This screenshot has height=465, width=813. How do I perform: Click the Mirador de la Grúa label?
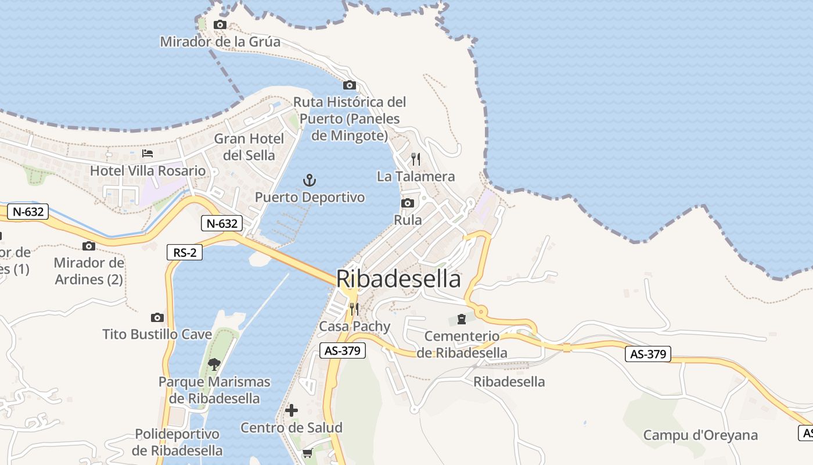click(220, 42)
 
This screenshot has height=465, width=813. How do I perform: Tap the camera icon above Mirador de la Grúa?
click(220, 24)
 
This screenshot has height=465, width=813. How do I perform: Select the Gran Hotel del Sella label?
click(249, 147)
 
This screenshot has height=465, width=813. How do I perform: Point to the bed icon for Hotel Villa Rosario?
click(148, 153)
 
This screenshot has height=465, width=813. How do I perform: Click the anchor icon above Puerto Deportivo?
click(310, 180)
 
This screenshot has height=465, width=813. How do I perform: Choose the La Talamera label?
click(416, 176)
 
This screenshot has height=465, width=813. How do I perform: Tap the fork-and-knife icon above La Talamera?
click(416, 159)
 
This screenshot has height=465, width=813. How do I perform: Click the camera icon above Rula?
click(408, 203)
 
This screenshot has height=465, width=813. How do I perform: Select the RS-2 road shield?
click(185, 252)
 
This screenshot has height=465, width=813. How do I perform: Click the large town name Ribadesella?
click(398, 279)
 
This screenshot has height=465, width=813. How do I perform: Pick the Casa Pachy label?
click(354, 326)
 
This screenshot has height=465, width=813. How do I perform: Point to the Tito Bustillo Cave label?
click(157, 334)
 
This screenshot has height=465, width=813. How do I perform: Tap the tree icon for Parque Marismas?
click(214, 364)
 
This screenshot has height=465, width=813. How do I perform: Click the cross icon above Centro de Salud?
click(292, 410)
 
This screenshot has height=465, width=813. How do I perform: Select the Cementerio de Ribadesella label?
click(462, 344)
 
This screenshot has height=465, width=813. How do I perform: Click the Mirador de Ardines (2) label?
click(89, 271)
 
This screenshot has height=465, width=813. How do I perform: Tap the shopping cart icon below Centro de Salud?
click(307, 453)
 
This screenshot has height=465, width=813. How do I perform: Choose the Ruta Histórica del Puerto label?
click(350, 119)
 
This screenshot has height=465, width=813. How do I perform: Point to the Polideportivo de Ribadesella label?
click(177, 442)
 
